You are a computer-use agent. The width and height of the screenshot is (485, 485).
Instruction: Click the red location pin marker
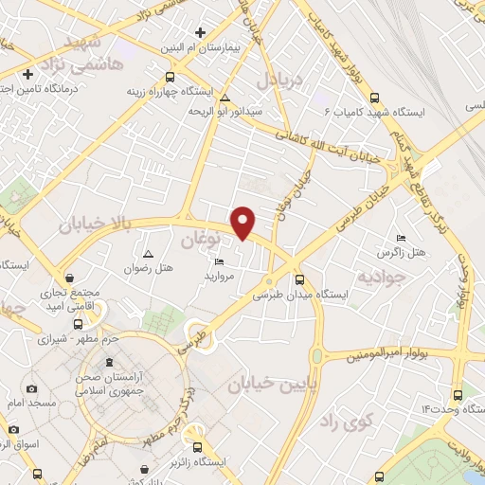coord(244,222)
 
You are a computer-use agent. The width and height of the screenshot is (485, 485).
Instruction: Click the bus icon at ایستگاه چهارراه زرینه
coord(170,78)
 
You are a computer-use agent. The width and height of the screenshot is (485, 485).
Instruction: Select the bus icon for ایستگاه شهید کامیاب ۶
coord(374,98)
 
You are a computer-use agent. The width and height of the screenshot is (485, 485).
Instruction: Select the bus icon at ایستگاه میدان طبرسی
coord(300,279)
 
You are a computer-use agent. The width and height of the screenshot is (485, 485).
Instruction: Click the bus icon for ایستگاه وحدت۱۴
coord(458,393)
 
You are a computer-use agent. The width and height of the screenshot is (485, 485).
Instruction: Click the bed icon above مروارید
coord(220,262)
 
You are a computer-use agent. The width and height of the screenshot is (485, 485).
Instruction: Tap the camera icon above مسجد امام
coord(33,389)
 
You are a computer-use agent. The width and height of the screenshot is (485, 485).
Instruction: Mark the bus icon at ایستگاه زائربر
coord(197,447)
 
